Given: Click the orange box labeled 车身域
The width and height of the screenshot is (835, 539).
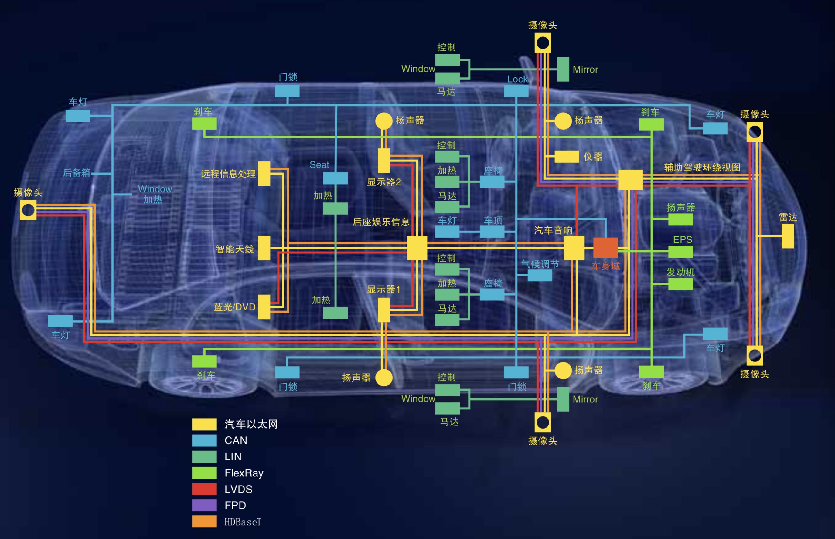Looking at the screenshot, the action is pyautogui.click(x=605, y=247).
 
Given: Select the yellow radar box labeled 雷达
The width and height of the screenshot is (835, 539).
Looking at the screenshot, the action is pyautogui.click(x=788, y=236).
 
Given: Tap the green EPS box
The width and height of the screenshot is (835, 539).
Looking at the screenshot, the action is pyautogui.click(x=680, y=252).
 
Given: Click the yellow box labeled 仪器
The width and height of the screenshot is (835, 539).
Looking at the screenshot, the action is pyautogui.click(x=567, y=157).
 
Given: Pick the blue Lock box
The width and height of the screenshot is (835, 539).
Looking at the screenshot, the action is pyautogui.click(x=516, y=91).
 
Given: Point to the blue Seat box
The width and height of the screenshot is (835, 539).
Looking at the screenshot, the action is pyautogui.click(x=335, y=178).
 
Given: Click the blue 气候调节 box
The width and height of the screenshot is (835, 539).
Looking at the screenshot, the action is pyautogui.click(x=540, y=275).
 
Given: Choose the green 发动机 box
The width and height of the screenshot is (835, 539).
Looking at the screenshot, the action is pyautogui.click(x=680, y=284).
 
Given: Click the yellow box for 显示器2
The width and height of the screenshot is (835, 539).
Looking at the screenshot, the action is pyautogui.click(x=384, y=161).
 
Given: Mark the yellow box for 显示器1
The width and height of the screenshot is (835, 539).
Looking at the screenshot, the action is pyautogui.click(x=384, y=310).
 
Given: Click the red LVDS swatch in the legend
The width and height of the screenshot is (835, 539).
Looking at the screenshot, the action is pyautogui.click(x=204, y=489).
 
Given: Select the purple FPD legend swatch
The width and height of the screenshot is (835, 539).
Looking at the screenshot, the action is pyautogui.click(x=204, y=505).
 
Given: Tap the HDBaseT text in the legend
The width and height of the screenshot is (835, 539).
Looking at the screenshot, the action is pyautogui.click(x=243, y=522).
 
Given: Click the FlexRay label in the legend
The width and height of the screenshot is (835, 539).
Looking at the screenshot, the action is pyautogui.click(x=244, y=473).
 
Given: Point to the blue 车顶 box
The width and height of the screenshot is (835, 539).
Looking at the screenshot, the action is pyautogui.click(x=492, y=232).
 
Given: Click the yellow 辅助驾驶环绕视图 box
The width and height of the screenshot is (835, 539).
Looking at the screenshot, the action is pyautogui.click(x=630, y=180).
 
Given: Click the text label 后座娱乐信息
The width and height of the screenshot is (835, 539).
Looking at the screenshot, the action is pyautogui.click(x=381, y=222).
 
